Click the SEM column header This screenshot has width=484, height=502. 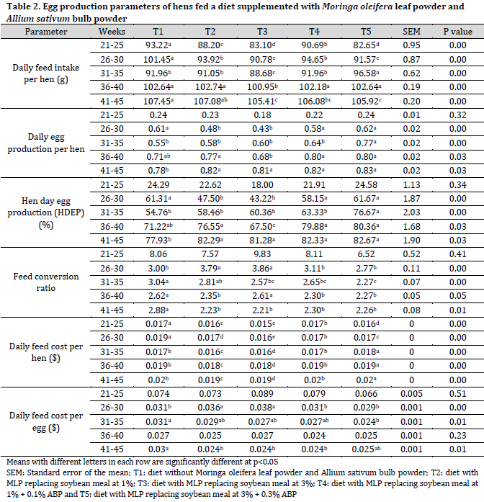click(x=411, y=32)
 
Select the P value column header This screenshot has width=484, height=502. click(x=457, y=32)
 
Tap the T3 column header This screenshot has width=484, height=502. click(x=262, y=32)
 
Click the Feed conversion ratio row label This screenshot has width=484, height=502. click(x=46, y=282)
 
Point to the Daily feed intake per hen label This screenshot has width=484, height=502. click(x=46, y=73)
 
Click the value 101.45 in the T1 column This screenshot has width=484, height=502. click(x=158, y=60)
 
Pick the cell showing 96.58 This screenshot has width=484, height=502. click(x=366, y=73)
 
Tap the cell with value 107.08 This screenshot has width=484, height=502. click(x=210, y=101)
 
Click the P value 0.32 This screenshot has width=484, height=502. click(x=457, y=115)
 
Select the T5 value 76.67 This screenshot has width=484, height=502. click(x=366, y=212)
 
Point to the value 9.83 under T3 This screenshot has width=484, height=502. click(x=262, y=254)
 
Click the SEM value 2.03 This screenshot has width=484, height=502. click(x=411, y=212)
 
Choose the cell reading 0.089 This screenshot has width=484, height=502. click(x=262, y=394)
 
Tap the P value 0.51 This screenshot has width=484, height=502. click(x=457, y=394)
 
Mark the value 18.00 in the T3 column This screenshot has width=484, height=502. click(x=262, y=184)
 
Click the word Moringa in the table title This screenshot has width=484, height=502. click(x=340, y=6)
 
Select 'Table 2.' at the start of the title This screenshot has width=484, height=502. click(x=23, y=6)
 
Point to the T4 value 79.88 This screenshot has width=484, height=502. click(x=314, y=226)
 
